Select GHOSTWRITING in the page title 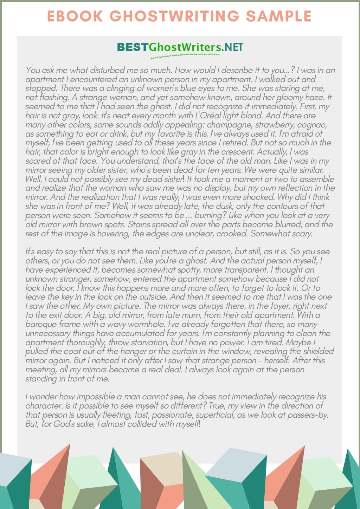tap(174, 16)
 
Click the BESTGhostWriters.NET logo tap(180, 47)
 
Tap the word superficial tap(214, 415)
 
